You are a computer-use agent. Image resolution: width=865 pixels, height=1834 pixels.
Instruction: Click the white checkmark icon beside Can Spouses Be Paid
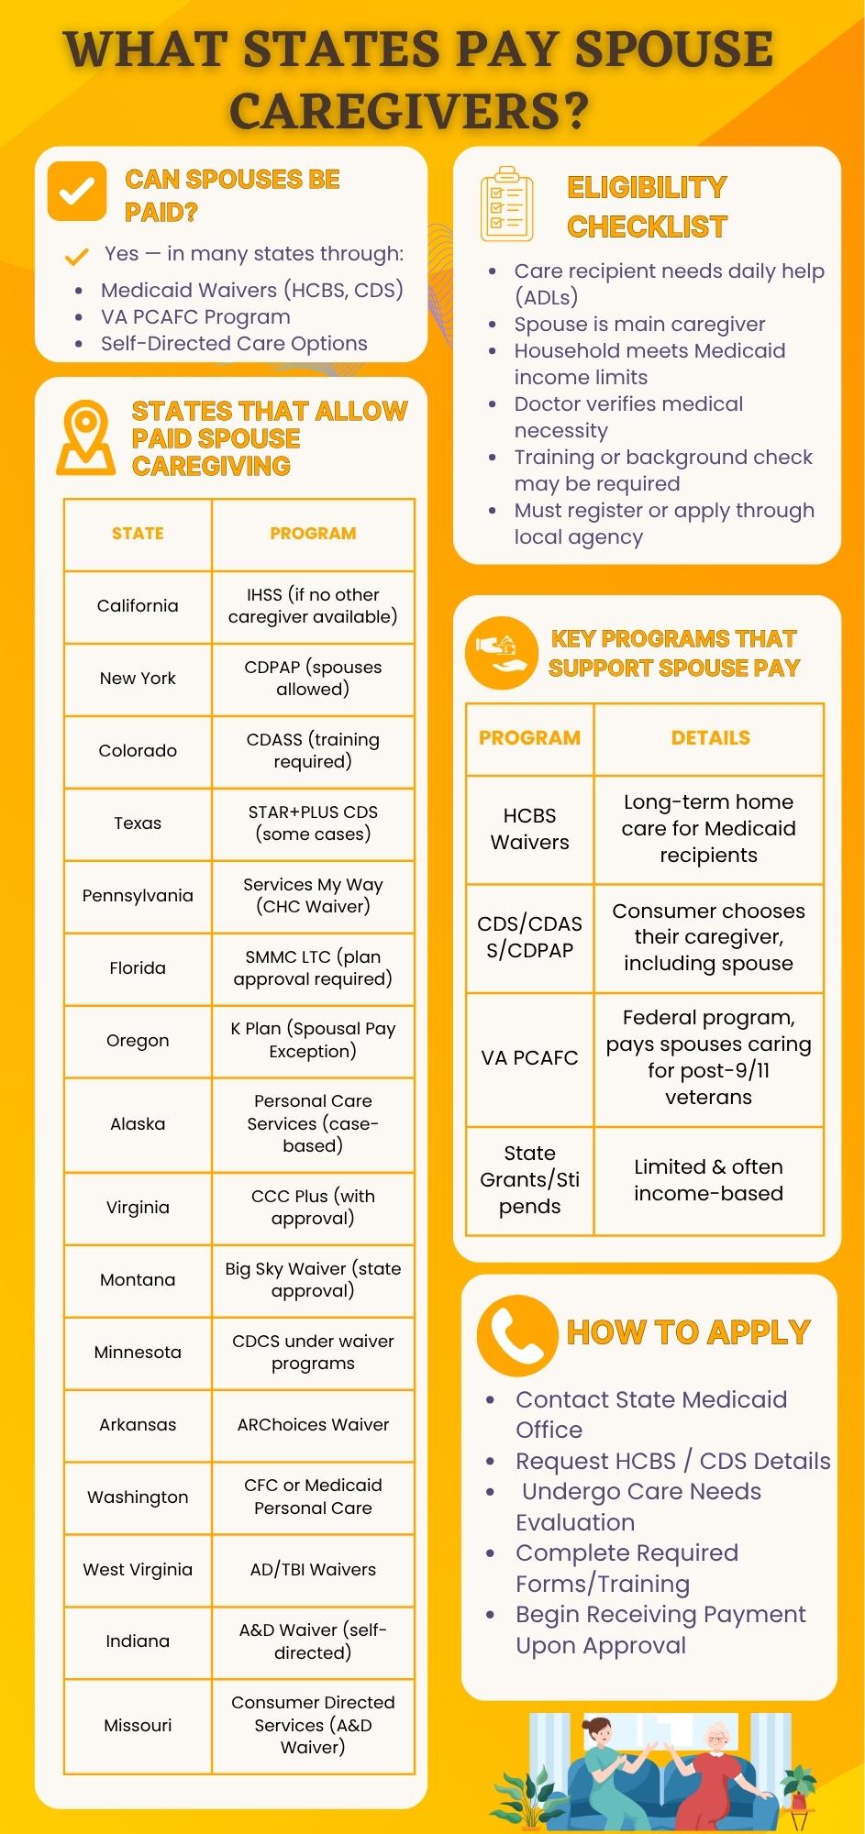click(x=77, y=192)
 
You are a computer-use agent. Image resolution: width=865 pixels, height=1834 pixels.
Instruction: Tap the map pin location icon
click(x=85, y=437)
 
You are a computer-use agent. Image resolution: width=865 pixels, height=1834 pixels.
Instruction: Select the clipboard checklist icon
click(x=506, y=204)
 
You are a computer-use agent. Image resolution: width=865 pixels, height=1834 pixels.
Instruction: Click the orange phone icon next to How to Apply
click(x=516, y=1336)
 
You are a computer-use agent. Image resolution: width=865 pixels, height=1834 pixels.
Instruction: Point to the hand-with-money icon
click(x=501, y=653)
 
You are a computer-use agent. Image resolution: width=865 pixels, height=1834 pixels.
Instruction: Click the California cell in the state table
click(x=138, y=606)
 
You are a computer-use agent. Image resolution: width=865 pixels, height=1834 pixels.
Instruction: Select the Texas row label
click(x=138, y=823)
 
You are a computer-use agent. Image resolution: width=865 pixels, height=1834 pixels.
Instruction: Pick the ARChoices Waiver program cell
click(x=313, y=1425)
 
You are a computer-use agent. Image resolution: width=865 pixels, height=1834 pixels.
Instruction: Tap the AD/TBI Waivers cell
click(x=313, y=1570)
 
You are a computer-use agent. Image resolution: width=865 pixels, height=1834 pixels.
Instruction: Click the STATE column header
click(x=138, y=534)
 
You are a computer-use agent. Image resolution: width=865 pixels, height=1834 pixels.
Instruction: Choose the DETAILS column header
click(x=710, y=738)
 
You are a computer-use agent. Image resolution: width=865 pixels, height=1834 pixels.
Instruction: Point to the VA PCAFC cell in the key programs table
click(x=529, y=1058)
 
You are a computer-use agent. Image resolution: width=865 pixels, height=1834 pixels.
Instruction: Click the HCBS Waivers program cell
click(x=529, y=829)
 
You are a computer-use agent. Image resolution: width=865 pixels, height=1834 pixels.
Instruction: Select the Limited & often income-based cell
click(x=708, y=1180)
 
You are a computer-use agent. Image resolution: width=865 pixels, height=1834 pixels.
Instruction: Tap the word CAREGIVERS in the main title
click(x=408, y=112)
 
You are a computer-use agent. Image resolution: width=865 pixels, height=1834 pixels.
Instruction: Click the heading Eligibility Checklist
click(x=647, y=206)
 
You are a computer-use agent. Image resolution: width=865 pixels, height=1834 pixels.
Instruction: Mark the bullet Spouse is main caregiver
click(x=639, y=325)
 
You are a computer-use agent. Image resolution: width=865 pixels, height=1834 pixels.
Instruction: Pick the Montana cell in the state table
click(x=138, y=1280)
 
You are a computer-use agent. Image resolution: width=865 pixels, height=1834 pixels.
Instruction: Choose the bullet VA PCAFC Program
click(x=195, y=317)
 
